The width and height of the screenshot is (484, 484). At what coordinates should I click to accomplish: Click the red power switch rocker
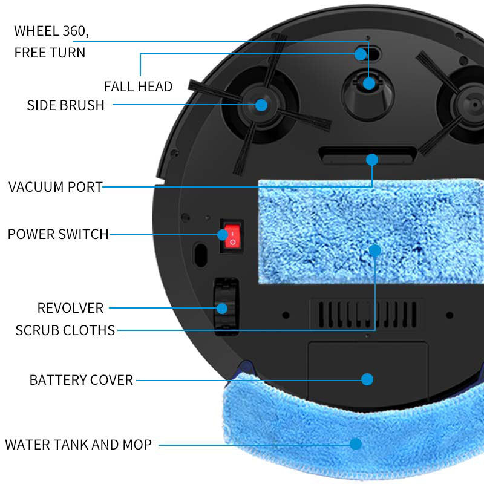coord(231,237)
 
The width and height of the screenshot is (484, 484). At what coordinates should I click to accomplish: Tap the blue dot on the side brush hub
coord(261,105)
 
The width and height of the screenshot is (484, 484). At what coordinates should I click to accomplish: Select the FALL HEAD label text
coord(138,87)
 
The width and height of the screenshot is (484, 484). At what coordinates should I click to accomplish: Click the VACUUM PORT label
coord(56,186)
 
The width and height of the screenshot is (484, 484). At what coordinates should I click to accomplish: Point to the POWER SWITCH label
coord(58,234)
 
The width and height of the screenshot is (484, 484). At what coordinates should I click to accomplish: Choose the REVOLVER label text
coord(70,308)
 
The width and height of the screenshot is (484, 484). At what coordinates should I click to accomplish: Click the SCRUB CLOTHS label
coord(65,330)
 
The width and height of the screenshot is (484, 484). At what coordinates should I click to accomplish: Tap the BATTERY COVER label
coord(81,380)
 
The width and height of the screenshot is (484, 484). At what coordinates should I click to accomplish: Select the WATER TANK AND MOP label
coord(78,445)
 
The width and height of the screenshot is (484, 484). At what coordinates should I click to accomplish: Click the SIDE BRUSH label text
coord(65,105)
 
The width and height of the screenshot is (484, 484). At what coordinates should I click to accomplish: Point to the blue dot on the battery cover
coord(367,379)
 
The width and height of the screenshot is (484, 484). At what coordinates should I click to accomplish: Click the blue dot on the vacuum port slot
coord(372,160)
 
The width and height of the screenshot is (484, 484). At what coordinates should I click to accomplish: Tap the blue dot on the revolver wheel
coord(222,308)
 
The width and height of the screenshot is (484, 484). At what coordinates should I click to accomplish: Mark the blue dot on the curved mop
coord(356,444)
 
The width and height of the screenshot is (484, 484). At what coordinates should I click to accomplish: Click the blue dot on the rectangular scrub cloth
coord(375,250)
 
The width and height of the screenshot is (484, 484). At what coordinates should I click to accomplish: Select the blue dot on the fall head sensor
coord(361,54)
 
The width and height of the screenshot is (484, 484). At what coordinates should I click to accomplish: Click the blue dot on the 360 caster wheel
coord(369,83)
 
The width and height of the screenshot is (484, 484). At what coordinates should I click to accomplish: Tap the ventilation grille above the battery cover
coord(367,313)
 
